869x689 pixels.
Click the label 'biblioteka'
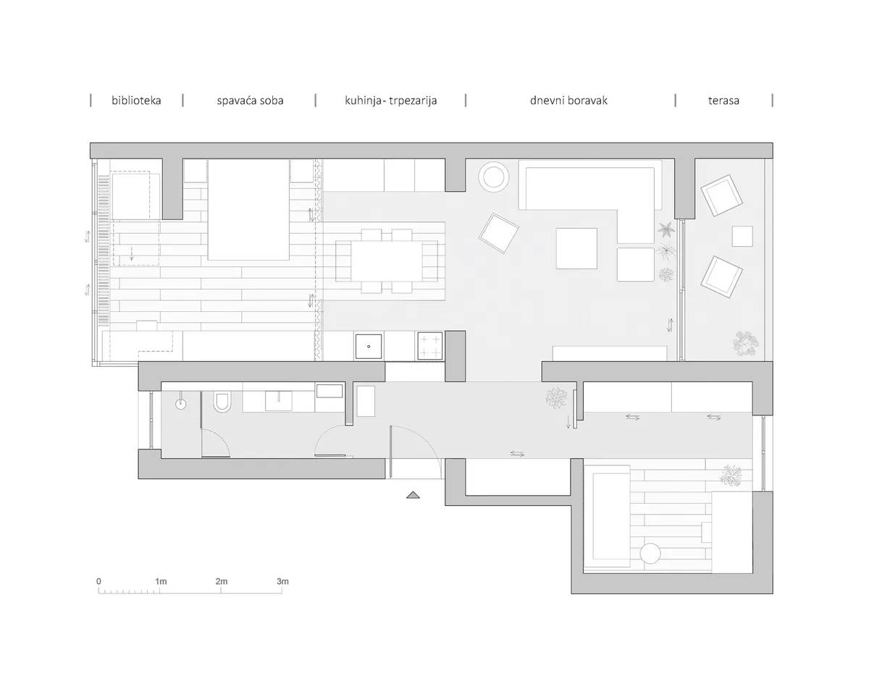click(136, 101)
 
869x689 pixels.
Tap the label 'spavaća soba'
click(250, 101)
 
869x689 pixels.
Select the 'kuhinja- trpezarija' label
click(390, 101)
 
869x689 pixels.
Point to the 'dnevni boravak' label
click(568, 101)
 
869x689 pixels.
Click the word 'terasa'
click(723, 101)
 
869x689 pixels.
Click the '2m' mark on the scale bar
click(222, 581)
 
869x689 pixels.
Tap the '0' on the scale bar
click(98, 581)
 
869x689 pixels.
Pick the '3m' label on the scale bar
click(282, 581)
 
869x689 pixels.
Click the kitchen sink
click(369, 347)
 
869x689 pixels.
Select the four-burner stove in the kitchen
click(430, 345)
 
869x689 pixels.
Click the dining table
click(387, 261)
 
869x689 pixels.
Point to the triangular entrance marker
click(413, 495)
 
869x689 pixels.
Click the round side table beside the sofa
click(493, 177)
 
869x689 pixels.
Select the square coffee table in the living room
click(576, 248)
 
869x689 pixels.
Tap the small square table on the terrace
click(742, 236)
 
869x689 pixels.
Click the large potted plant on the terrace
click(745, 344)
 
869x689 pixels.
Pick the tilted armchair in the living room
click(499, 234)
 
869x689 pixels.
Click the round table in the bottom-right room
click(650, 554)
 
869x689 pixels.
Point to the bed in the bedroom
click(248, 210)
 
